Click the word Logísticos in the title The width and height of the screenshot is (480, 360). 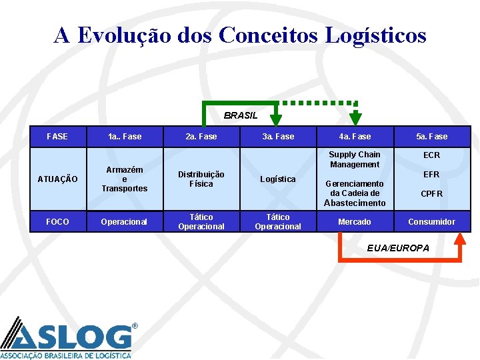click(376, 35)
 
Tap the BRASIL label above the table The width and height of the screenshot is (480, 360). click(241, 115)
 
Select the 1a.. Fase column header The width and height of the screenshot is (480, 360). click(125, 137)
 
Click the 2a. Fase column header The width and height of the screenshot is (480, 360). click(201, 137)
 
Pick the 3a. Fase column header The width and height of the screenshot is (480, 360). click(278, 137)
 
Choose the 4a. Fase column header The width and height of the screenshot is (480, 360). click(355, 137)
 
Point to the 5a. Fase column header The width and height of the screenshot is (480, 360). click(432, 137)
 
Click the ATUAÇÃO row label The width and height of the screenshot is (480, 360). click(57, 179)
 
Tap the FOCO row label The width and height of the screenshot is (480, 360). click(57, 221)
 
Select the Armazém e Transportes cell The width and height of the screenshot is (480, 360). click(125, 179)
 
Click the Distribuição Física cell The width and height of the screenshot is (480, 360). click(201, 179)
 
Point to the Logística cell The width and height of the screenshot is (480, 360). click(278, 179)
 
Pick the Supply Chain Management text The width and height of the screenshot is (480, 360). click(355, 159)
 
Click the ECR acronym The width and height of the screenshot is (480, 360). click(432, 155)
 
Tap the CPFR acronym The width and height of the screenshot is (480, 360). click(432, 194)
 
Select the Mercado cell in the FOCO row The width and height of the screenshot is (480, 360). click(355, 221)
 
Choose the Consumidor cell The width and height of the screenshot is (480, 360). click(432, 221)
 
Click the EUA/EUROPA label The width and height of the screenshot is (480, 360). click(398, 248)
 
